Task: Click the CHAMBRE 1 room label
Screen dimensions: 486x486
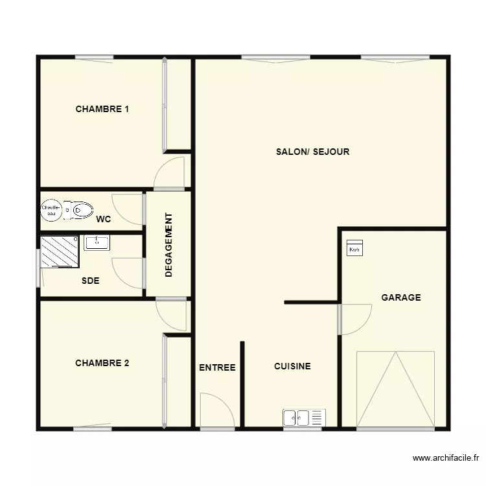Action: click(102, 109)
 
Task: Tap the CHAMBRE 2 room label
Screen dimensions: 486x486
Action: click(102, 364)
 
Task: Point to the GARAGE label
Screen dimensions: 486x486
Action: click(400, 298)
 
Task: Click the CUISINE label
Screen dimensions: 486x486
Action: click(292, 367)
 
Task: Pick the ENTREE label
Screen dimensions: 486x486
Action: click(217, 367)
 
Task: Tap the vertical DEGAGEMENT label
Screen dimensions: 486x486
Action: click(168, 245)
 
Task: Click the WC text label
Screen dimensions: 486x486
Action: click(103, 220)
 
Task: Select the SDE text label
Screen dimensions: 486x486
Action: click(90, 281)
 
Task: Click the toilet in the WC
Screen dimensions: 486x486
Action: click(80, 209)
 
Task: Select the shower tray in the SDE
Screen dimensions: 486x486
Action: click(60, 251)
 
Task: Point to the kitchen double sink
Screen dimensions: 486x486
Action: click(303, 418)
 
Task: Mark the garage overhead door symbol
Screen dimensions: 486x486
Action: click(395, 389)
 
